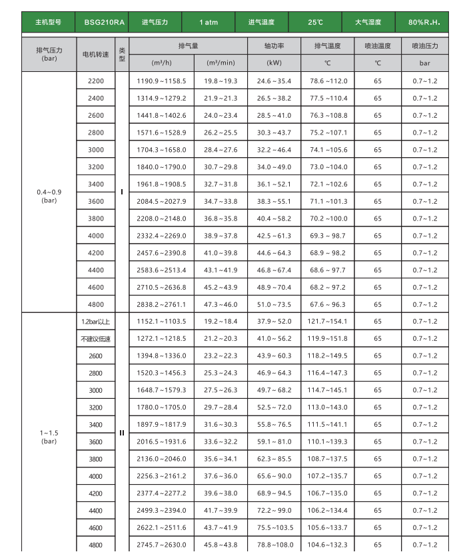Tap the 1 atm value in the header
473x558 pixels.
tap(208, 22)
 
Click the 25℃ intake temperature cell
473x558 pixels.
tap(316, 22)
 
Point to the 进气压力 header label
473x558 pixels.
tap(155, 22)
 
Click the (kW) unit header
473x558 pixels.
tap(274, 63)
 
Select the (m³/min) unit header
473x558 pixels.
tap(221, 63)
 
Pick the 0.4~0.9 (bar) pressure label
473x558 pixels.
tap(49, 196)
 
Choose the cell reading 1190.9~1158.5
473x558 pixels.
tap(162, 81)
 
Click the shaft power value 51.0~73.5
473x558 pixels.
tap(274, 304)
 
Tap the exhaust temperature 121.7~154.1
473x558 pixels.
tap(328, 322)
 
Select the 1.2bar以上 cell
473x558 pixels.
tap(95, 322)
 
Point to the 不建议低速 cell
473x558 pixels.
tap(95, 339)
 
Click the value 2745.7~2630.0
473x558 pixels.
tap(162, 545)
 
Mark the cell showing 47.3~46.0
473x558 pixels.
tap(221, 304)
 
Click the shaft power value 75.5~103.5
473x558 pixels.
tap(274, 527)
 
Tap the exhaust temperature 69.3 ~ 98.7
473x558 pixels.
tap(328, 236)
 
